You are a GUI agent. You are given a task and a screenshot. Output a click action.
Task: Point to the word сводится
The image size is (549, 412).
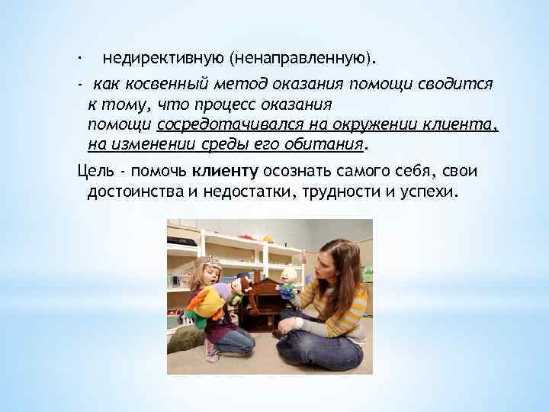(460, 85)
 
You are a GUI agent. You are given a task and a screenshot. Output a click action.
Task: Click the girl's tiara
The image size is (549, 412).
(210, 262)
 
